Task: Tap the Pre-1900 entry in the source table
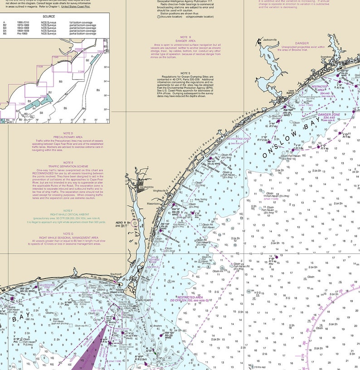[22, 34]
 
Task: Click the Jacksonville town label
[269, 40]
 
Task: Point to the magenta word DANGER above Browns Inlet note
[302, 43]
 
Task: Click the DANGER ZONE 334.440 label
[328, 116]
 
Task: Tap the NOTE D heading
[68, 133]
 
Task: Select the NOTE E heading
[68, 162]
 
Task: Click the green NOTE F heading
[68, 211]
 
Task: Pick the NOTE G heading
[68, 233]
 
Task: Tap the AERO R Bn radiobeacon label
[123, 223]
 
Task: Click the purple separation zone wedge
[95, 354]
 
